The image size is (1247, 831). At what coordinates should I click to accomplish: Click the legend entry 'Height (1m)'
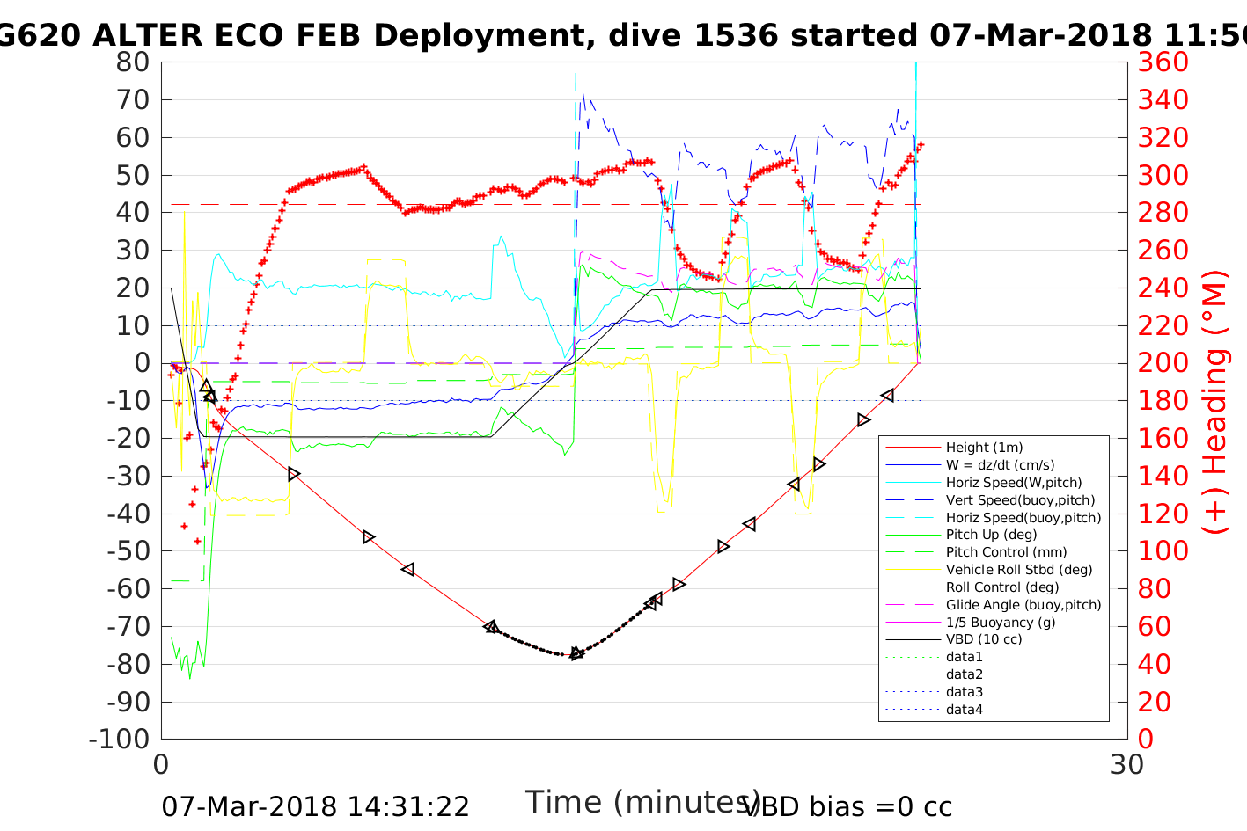coord(984,448)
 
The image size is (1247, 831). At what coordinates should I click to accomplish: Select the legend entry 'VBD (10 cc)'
coord(984,639)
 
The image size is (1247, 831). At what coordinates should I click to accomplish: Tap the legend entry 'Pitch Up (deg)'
coord(991,535)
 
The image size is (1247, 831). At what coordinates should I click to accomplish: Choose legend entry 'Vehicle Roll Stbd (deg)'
coord(1018,570)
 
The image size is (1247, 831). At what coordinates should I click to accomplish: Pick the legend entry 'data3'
coord(964,692)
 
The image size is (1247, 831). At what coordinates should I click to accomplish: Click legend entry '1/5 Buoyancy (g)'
coord(1001,622)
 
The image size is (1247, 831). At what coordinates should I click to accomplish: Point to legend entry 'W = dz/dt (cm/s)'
coord(1000,465)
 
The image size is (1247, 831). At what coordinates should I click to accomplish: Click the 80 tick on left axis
coord(133,62)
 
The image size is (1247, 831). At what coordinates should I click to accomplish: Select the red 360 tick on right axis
coord(1163,62)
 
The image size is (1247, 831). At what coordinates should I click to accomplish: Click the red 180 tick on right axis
coord(1163,401)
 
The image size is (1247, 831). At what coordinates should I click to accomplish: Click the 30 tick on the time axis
coord(1127,764)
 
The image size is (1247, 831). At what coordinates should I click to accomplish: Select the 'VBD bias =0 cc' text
coord(848,806)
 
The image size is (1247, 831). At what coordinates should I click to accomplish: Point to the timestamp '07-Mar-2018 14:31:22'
coord(315,806)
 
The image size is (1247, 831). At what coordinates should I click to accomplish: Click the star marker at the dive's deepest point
coord(576,653)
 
